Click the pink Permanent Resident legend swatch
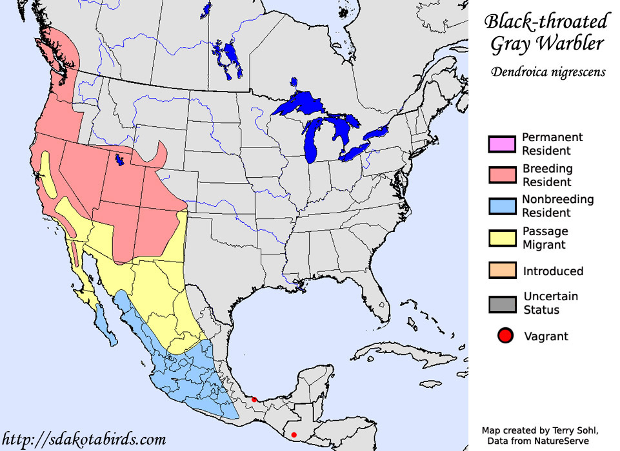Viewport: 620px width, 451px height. pyautogui.click(x=502, y=144)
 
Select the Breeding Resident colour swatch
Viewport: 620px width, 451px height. pyautogui.click(x=502, y=175)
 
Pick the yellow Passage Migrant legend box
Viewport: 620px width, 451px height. pyautogui.click(x=502, y=238)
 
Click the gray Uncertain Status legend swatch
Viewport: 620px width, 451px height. pyautogui.click(x=502, y=303)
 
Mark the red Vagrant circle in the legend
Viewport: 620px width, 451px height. pyautogui.click(x=505, y=336)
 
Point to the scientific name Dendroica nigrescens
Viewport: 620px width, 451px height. pyautogui.click(x=548, y=72)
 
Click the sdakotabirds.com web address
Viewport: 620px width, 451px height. pyautogui.click(x=85, y=440)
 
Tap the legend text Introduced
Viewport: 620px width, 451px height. pyautogui.click(x=554, y=271)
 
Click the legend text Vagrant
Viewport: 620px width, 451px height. pyautogui.click(x=546, y=336)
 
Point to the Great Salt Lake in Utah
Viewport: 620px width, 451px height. pyautogui.click(x=119, y=158)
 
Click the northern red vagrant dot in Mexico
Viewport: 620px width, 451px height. pyautogui.click(x=254, y=399)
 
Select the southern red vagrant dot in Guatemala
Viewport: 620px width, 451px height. pyautogui.click(x=294, y=434)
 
